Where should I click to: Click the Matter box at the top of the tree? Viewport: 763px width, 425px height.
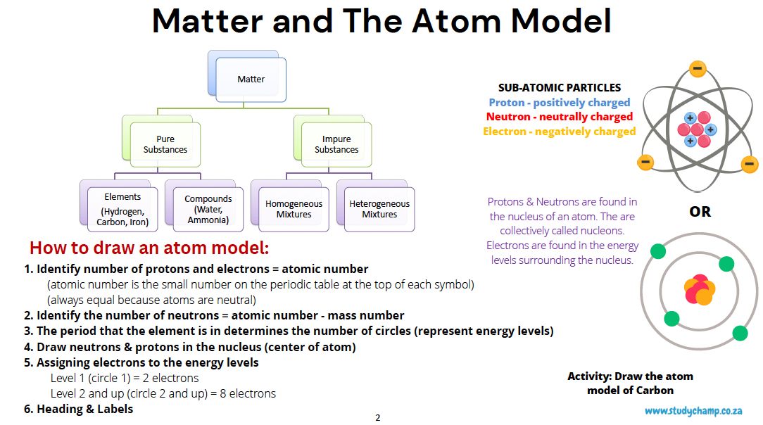pyautogui.click(x=251, y=80)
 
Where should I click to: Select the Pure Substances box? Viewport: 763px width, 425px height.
pyautogui.click(x=165, y=144)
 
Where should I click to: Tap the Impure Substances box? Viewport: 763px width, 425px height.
pyautogui.click(x=336, y=144)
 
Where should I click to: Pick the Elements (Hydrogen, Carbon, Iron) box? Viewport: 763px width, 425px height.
pyautogui.click(x=122, y=209)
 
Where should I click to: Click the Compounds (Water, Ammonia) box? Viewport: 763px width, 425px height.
pyautogui.click(x=208, y=209)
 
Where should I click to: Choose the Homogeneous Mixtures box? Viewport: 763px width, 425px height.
pyautogui.click(x=294, y=209)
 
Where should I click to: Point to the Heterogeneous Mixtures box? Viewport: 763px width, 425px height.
pyautogui.click(x=379, y=209)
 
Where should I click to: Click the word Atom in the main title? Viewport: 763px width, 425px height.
pyautogui.click(x=456, y=21)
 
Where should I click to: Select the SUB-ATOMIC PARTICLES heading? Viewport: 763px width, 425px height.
pyautogui.click(x=560, y=88)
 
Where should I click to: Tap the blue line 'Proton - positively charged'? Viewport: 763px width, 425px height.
pyautogui.click(x=560, y=103)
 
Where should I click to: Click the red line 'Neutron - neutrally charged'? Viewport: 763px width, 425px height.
pyautogui.click(x=560, y=117)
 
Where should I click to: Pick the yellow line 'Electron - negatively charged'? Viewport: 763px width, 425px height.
pyautogui.click(x=560, y=132)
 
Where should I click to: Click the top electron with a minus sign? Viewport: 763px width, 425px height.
pyautogui.click(x=698, y=68)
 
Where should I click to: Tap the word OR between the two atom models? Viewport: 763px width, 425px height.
pyautogui.click(x=700, y=212)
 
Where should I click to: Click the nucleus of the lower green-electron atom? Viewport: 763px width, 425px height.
pyautogui.click(x=699, y=290)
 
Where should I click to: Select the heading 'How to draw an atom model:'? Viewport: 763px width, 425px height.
pyautogui.click(x=149, y=248)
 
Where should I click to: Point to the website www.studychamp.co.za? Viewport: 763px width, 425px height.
pyautogui.click(x=693, y=412)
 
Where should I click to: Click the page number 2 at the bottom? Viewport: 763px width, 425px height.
pyautogui.click(x=378, y=418)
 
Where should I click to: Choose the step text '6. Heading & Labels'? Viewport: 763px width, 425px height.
pyautogui.click(x=78, y=410)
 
